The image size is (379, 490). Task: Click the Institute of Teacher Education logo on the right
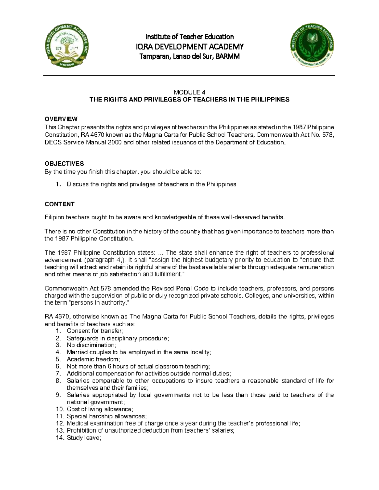pyautogui.click(x=312, y=46)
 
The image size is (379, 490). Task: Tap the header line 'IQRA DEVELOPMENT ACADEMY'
pyautogui.click(x=189, y=47)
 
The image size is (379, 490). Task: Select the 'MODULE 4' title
pyautogui.click(x=189, y=92)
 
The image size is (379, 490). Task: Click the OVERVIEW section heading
pyautogui.click(x=61, y=119)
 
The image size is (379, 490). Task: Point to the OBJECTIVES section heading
pyautogui.click(x=64, y=163)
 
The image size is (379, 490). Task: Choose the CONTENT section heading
pyautogui.click(x=59, y=204)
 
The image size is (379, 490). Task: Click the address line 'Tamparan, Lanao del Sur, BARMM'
pyautogui.click(x=189, y=57)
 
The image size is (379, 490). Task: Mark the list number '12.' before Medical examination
pyautogui.click(x=59, y=423)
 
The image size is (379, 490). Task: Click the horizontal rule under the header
pyautogui.click(x=189, y=75)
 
